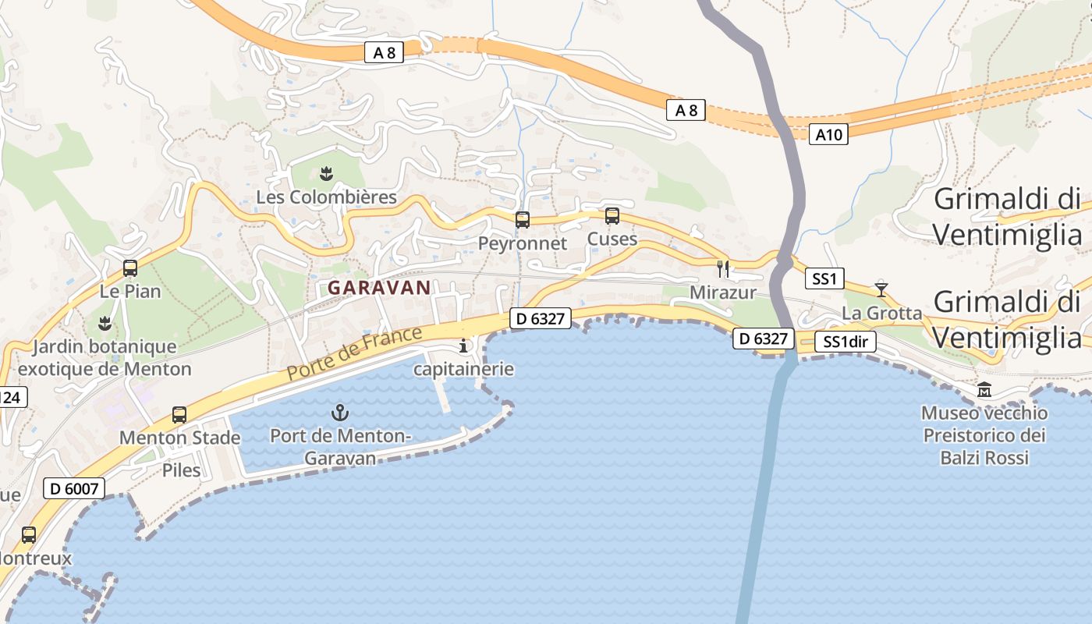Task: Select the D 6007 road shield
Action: pos(74,489)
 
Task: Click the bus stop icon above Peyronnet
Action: pos(523,220)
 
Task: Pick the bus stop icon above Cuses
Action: pos(612,216)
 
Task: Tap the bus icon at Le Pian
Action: pos(130,268)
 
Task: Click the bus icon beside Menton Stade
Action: pos(179,414)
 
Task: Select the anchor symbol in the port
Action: pos(340,412)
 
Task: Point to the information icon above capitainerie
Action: pos(464,346)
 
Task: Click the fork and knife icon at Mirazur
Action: pos(723,269)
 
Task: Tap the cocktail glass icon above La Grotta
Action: pos(881,289)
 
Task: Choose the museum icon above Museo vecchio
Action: pos(984,389)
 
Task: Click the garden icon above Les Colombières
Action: pos(326,172)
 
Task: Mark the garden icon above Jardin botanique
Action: pos(104,322)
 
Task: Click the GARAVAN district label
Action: pos(379,288)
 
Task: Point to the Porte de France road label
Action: pos(355,353)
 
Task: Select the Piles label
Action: pos(181,470)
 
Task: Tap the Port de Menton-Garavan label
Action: pos(340,447)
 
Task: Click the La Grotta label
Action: pos(882,314)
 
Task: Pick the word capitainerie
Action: pos(464,369)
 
